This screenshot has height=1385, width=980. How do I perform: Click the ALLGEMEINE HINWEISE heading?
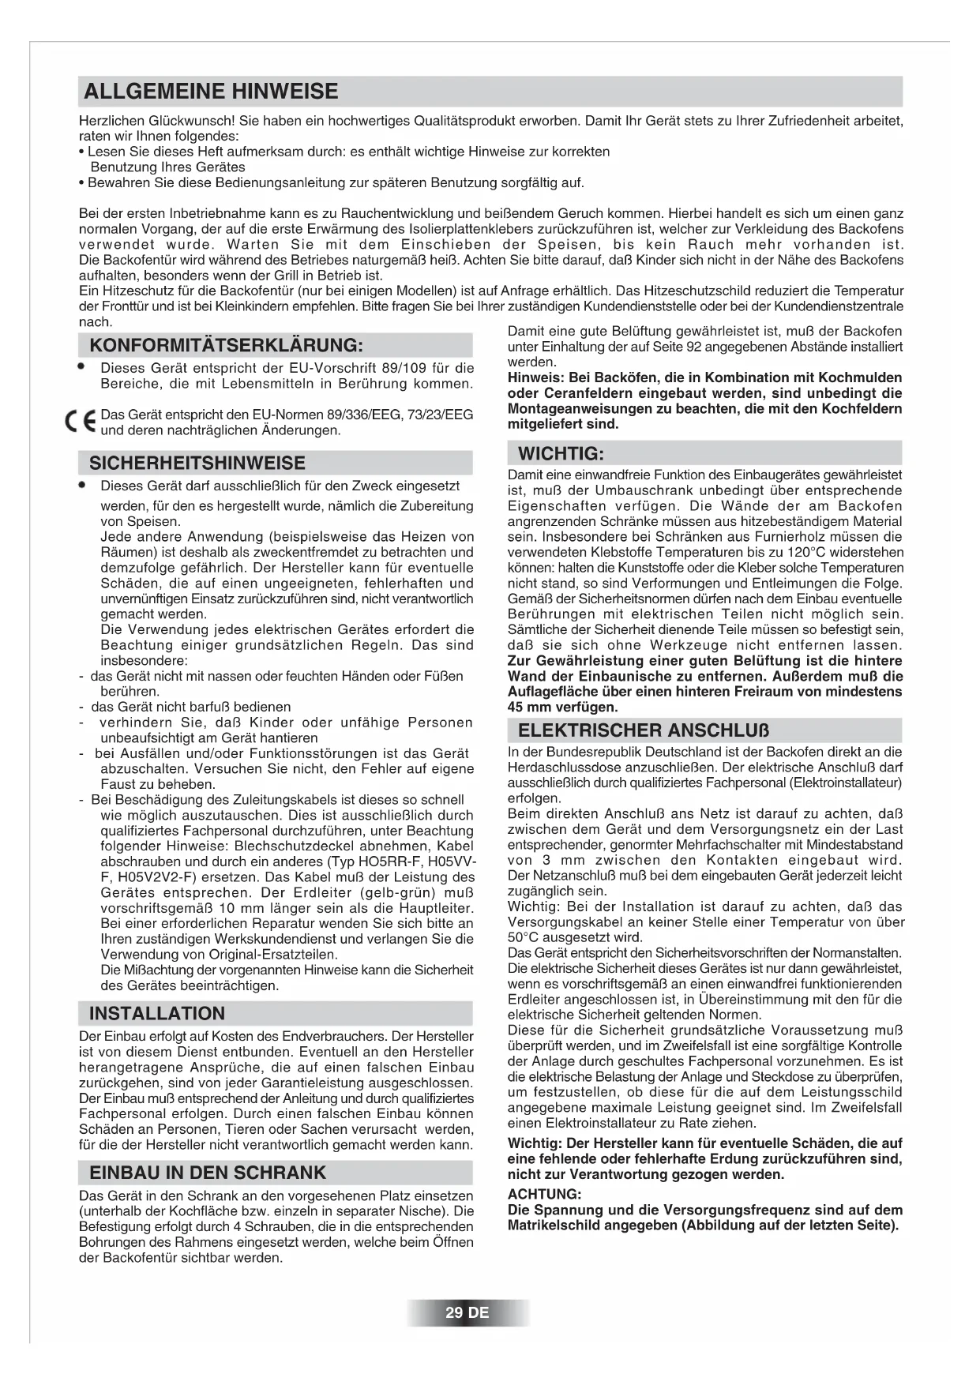point(210,92)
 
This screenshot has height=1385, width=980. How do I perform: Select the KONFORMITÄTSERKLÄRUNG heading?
point(226,346)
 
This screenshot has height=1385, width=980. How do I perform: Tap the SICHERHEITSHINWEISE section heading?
point(197,464)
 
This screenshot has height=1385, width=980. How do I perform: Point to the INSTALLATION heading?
point(157,1014)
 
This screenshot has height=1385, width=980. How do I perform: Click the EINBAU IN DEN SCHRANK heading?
point(208,1173)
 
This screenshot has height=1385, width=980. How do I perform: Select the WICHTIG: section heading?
point(561,454)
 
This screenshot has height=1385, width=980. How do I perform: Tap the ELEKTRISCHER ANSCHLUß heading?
point(644,730)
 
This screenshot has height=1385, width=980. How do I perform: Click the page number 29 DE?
point(467,1313)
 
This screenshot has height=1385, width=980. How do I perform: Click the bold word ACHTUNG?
point(544,1194)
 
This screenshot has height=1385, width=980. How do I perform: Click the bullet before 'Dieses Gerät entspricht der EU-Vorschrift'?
point(81,367)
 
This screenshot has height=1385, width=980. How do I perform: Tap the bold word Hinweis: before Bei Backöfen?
point(535,377)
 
